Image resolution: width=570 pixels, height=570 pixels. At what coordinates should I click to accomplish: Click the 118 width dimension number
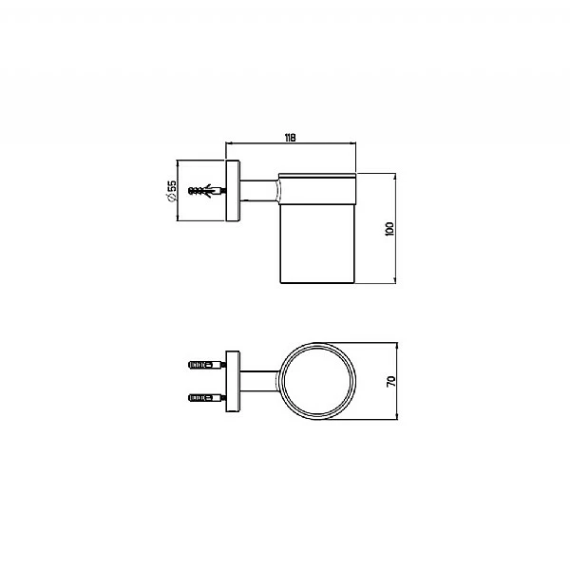[x=290, y=138]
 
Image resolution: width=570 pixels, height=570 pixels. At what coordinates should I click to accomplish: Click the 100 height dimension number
[x=389, y=228]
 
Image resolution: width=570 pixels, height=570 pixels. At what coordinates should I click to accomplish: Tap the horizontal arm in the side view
[x=256, y=192]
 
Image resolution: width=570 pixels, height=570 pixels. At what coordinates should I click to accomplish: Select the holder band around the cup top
[x=317, y=191]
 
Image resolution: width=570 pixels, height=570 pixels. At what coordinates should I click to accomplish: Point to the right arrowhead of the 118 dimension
[x=354, y=144]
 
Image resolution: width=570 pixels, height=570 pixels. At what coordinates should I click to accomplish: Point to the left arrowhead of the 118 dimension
[x=226, y=144]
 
